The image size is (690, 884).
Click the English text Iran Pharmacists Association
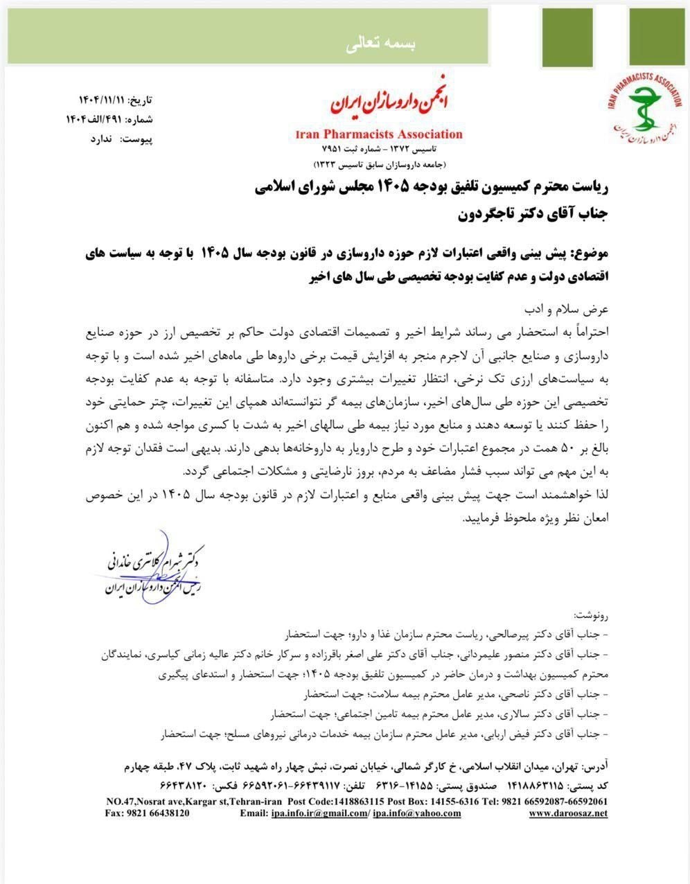pyautogui.click(x=378, y=134)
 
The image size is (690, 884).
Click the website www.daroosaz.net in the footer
pyautogui.click(x=568, y=813)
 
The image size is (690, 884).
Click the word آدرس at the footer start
pyautogui.click(x=594, y=768)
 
